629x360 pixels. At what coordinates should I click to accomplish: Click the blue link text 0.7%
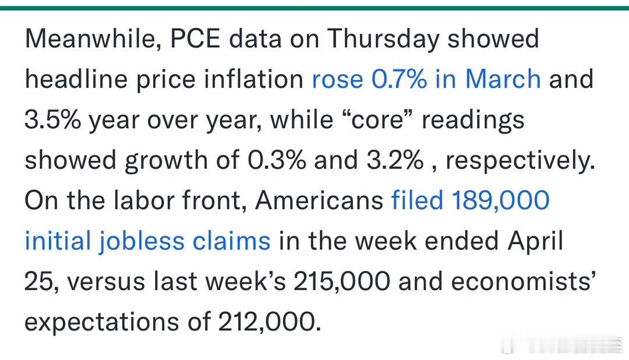pos(399,79)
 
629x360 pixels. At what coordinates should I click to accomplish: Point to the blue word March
pos(503,79)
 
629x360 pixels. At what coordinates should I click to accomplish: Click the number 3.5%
pos(52,119)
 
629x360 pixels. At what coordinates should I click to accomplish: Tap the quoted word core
pos(377,119)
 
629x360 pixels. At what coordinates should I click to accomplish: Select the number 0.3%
pos(277,160)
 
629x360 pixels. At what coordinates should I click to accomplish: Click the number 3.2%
pos(395,160)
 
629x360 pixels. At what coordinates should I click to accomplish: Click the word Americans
pos(319,200)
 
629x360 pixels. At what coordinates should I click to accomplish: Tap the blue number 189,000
pos(501,200)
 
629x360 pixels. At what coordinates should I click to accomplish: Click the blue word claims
pos(231,241)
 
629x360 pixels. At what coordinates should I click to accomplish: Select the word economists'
pos(523,281)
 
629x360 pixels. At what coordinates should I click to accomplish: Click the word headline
pos(76,79)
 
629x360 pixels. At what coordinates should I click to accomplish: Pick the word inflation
pos(253,79)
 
